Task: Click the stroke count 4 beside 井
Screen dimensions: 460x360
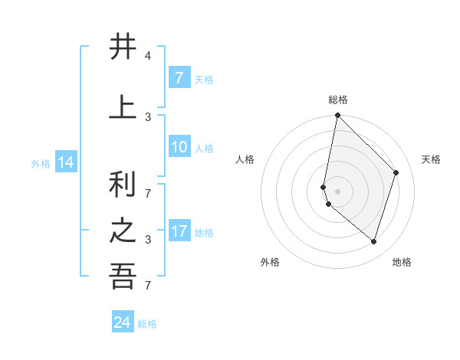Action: [148, 56]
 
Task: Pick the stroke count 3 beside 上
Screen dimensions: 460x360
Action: [148, 116]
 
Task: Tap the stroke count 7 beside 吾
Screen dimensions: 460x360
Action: [148, 286]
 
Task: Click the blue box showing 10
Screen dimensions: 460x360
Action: [179, 147]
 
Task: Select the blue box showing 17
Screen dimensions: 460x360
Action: [179, 231]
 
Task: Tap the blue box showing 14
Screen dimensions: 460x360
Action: [66, 162]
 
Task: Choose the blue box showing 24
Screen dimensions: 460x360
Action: [123, 322]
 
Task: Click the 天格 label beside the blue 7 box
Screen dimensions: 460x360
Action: [204, 79]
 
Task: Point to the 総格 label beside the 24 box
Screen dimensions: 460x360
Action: [148, 324]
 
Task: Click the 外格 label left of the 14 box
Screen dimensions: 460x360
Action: [41, 163]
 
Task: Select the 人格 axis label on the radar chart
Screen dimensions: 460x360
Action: [245, 159]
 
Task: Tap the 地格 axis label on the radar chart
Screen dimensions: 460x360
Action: [402, 262]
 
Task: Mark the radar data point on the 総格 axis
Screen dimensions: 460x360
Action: [338, 116]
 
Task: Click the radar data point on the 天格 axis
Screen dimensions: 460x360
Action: [396, 172]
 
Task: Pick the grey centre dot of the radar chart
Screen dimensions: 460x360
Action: [338, 191]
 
